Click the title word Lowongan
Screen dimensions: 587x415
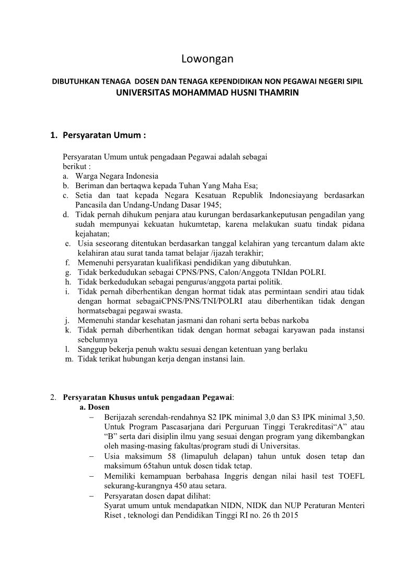[207, 59]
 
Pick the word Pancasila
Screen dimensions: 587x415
[91, 204]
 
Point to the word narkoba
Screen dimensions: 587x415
[294, 320]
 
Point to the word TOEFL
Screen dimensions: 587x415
[352, 476]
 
